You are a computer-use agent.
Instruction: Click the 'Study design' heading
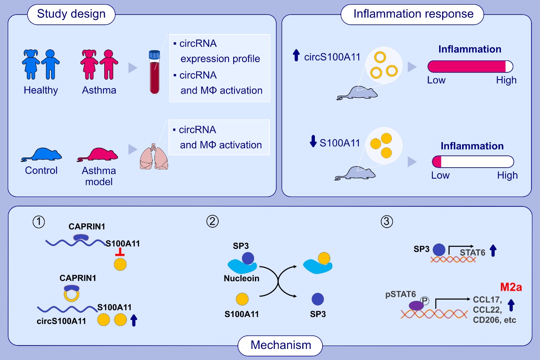click(x=71, y=14)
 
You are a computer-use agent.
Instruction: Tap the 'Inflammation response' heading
click(x=413, y=14)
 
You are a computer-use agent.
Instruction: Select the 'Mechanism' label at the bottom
click(x=280, y=345)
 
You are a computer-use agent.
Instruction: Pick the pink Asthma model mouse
click(x=99, y=155)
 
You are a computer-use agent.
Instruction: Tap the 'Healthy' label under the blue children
click(x=41, y=90)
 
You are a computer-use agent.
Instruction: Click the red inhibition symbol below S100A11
click(x=120, y=254)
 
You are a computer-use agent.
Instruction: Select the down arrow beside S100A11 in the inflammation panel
click(x=314, y=142)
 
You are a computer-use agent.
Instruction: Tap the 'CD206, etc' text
click(x=494, y=320)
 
